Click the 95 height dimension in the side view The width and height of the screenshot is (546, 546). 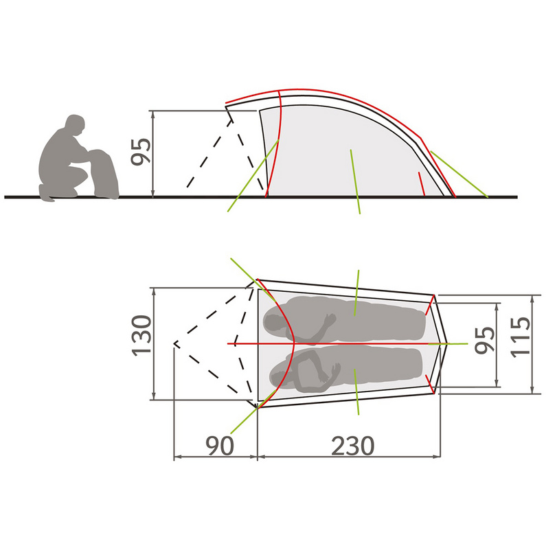click(141, 151)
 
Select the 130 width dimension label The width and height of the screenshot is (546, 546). click(141, 336)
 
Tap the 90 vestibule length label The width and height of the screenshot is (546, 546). click(219, 445)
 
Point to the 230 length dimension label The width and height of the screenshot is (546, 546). click(352, 446)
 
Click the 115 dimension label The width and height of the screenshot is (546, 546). click(520, 337)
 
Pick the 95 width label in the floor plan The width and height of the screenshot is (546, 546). click(485, 340)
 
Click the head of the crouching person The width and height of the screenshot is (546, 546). click(76, 124)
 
